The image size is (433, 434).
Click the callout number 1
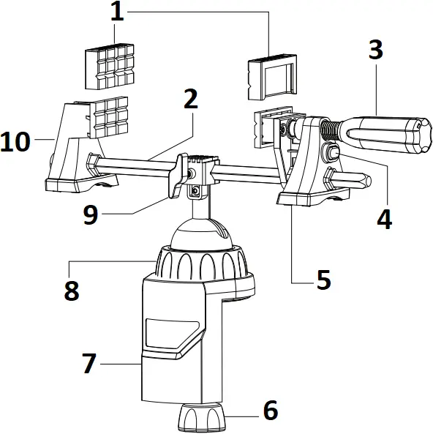(116, 13)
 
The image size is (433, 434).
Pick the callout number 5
(323, 280)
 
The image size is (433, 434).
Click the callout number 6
(270, 411)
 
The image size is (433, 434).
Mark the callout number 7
(89, 363)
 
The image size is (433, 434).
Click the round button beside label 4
(332, 154)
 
